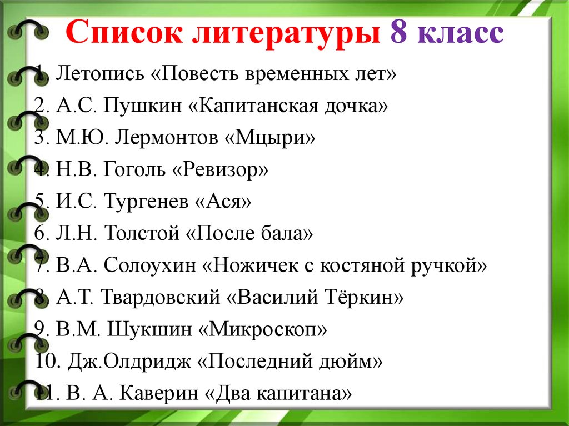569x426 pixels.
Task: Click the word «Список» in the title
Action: point(124,32)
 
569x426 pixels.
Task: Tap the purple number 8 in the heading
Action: point(398,32)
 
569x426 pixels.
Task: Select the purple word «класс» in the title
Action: point(461,34)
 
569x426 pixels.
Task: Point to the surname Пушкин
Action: point(142,106)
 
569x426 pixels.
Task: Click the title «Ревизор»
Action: point(220,169)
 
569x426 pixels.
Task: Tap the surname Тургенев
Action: point(146,202)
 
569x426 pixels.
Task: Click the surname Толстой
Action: point(142,233)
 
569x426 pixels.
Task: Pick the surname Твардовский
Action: point(161,297)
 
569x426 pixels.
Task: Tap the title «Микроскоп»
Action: point(263,329)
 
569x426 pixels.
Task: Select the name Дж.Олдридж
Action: point(129,361)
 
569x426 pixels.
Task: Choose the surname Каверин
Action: point(158,393)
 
